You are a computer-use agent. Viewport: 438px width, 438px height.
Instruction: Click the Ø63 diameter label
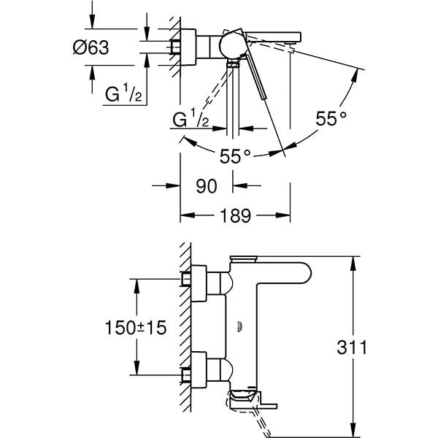[91, 48]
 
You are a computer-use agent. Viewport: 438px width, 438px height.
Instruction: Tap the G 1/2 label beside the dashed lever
[192, 120]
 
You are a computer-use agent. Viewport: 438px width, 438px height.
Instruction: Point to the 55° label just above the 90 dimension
[235, 155]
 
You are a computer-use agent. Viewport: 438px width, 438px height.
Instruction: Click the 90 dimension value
[207, 186]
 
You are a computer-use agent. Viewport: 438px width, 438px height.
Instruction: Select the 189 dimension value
[235, 215]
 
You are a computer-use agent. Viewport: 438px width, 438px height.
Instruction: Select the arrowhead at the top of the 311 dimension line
[353, 262]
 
